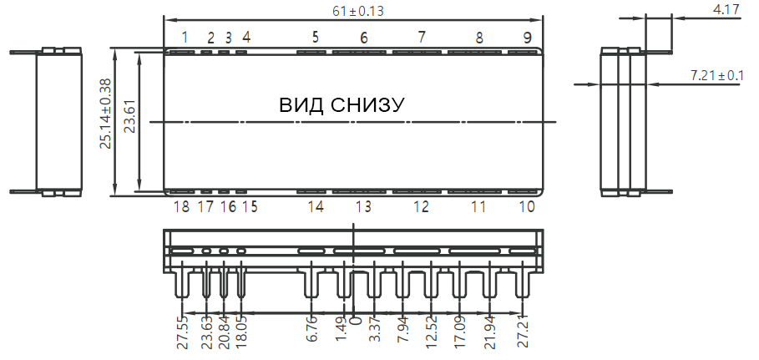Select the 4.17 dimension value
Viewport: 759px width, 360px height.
coord(725,10)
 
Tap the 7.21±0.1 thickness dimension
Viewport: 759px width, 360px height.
coord(716,76)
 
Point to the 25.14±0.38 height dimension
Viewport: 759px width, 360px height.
coord(105,114)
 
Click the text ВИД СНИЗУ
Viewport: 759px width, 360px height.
coord(342,105)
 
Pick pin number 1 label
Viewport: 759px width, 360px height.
coord(185,37)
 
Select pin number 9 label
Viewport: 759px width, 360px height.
coord(527,38)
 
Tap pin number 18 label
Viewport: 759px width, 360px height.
coord(181,207)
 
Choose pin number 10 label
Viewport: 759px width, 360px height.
coord(527,207)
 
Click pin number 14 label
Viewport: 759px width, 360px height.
coord(315,207)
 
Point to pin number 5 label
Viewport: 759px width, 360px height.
coord(316,37)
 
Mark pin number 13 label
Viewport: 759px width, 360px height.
coord(363,207)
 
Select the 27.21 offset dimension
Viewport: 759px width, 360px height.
coord(524,332)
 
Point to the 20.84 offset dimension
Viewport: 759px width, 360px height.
coord(224,332)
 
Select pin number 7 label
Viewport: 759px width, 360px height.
coord(422,37)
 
